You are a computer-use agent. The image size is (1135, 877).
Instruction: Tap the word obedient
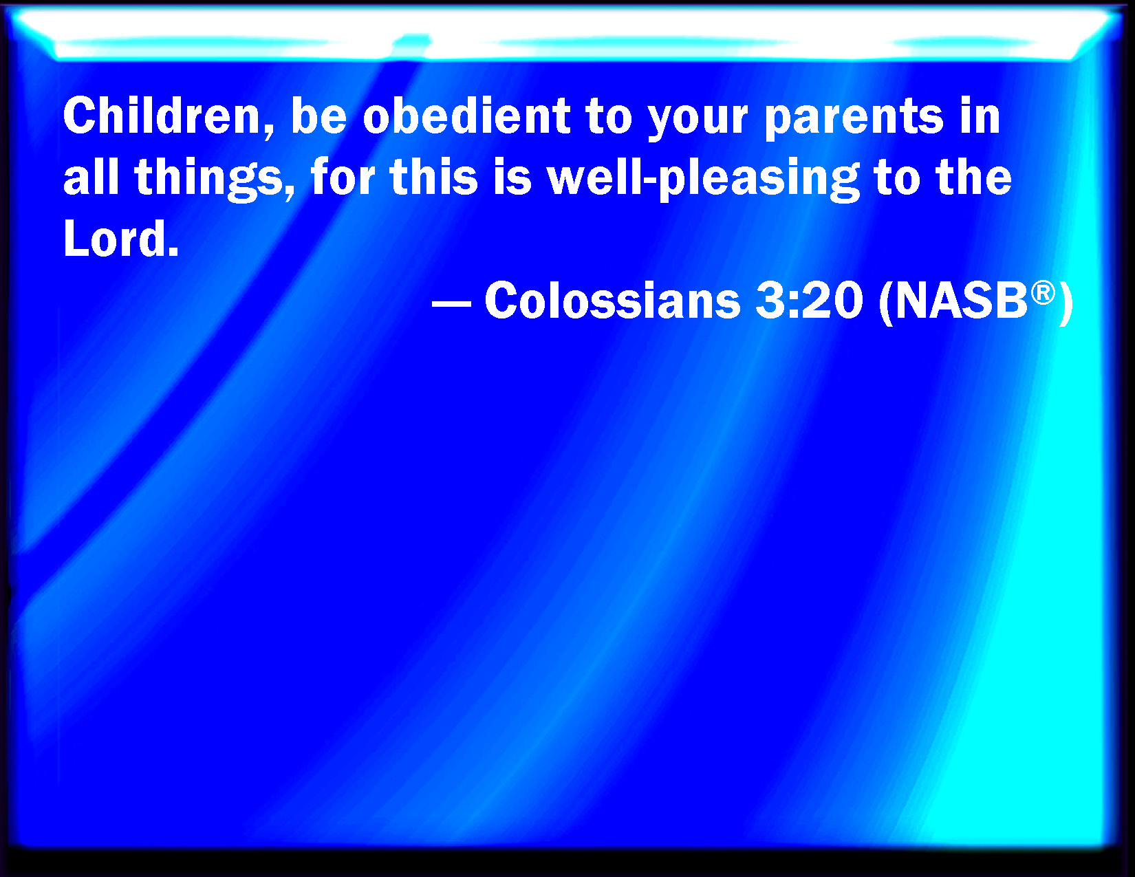pos(466,116)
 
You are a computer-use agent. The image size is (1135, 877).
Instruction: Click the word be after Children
pos(319,116)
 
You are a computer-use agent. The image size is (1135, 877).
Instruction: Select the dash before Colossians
pos(452,303)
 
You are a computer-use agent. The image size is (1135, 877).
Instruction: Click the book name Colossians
pos(613,300)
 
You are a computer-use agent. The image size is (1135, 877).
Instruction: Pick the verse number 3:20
pos(809,300)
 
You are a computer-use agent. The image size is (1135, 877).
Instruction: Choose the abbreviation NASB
pos(960,300)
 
